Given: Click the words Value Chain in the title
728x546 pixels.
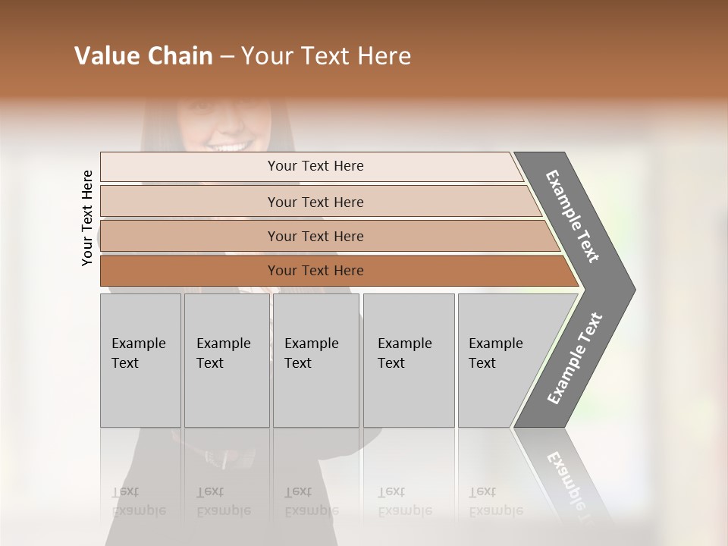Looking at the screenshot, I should click(x=143, y=56).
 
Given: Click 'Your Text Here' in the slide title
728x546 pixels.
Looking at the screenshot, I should click(x=326, y=56).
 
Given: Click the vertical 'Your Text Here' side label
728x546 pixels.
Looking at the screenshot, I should click(x=87, y=218).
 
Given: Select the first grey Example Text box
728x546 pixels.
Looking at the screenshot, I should click(x=140, y=360).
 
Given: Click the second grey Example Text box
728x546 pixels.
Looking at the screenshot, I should click(x=226, y=360).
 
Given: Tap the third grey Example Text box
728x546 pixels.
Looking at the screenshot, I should click(x=315, y=360).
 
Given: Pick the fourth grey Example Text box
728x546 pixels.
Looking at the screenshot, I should click(x=408, y=360).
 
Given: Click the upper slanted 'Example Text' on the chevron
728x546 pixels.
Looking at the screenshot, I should click(x=573, y=216).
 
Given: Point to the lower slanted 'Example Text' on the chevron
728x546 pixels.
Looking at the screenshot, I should click(x=575, y=358).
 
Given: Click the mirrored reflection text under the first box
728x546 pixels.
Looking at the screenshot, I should click(x=138, y=501).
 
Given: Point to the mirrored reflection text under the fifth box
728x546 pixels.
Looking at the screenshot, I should click(x=494, y=501).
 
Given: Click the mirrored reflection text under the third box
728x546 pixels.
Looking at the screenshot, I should click(x=311, y=501).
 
